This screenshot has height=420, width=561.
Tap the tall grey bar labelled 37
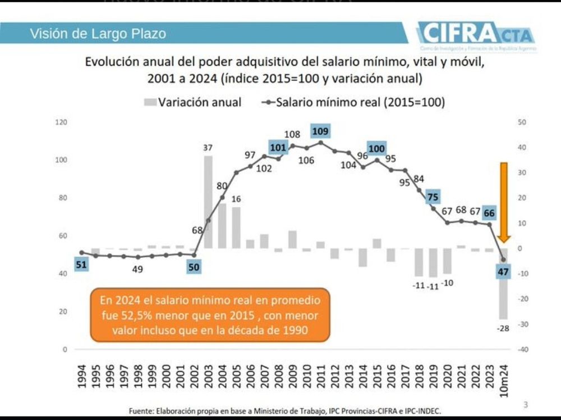point(208,202)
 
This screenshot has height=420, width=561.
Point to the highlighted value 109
point(320,131)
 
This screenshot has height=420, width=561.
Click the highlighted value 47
point(503,272)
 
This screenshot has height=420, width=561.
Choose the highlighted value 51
point(81,265)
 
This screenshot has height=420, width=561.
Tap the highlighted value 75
point(433,197)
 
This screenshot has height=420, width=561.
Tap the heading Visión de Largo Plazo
point(98,34)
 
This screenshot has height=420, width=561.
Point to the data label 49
point(137,270)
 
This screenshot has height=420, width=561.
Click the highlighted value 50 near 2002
point(194,267)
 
